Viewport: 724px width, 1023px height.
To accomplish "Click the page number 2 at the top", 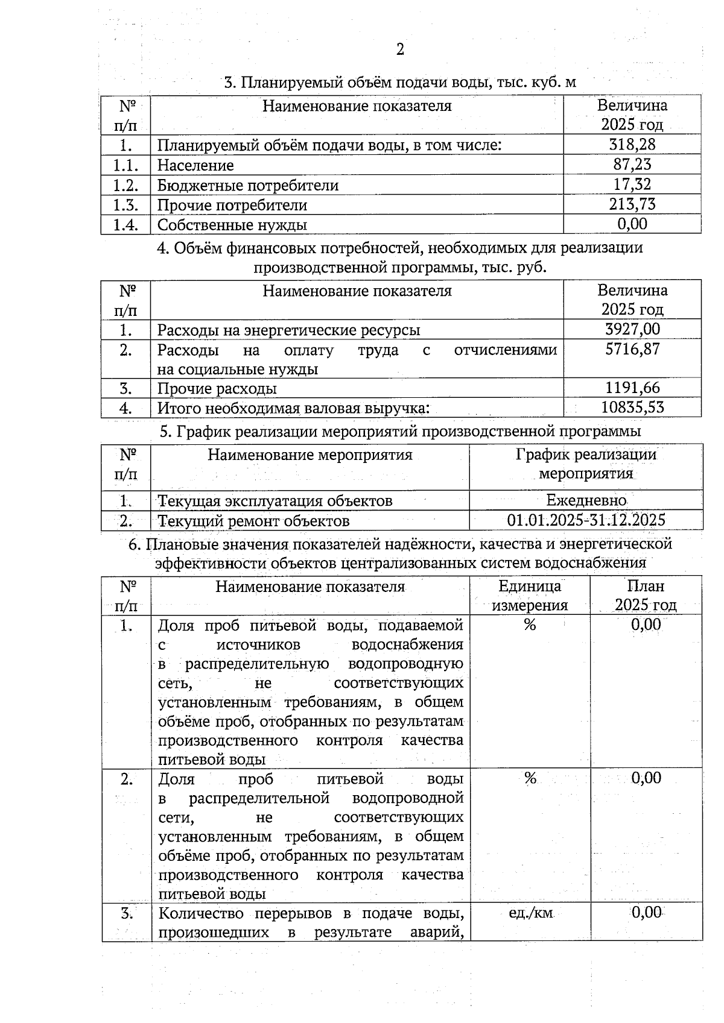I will [x=399, y=49].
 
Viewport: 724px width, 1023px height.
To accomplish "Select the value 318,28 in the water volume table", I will [x=632, y=145].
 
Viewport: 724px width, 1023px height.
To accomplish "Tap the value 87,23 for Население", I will [x=632, y=165].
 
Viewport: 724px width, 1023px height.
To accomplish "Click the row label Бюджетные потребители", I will [x=247, y=185].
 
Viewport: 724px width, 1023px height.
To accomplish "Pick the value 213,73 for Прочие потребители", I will [x=632, y=204].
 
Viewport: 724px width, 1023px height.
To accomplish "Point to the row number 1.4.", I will [x=125, y=225].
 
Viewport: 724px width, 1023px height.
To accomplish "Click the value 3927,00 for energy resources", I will [x=632, y=329].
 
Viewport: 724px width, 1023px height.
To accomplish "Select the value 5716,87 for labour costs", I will [x=632, y=349].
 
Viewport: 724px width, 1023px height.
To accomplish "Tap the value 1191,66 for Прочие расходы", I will [x=632, y=388].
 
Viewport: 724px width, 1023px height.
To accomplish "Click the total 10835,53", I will [x=632, y=408].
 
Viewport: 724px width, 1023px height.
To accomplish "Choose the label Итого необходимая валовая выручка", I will [x=293, y=408].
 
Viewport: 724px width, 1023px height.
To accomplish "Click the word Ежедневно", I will [x=586, y=500].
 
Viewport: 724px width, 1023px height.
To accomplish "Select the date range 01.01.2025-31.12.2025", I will [x=586, y=520].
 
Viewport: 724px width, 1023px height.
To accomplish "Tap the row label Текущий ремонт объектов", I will [x=253, y=521].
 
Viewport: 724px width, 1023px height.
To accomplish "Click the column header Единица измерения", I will [x=530, y=596].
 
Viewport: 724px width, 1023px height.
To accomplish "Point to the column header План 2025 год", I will [x=646, y=596].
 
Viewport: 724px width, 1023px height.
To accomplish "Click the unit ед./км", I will [x=530, y=913].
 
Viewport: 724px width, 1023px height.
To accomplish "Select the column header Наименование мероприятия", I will [x=310, y=455].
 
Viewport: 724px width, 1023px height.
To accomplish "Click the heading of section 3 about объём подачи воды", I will [x=399, y=82].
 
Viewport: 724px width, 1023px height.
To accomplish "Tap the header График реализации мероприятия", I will [x=586, y=464].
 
